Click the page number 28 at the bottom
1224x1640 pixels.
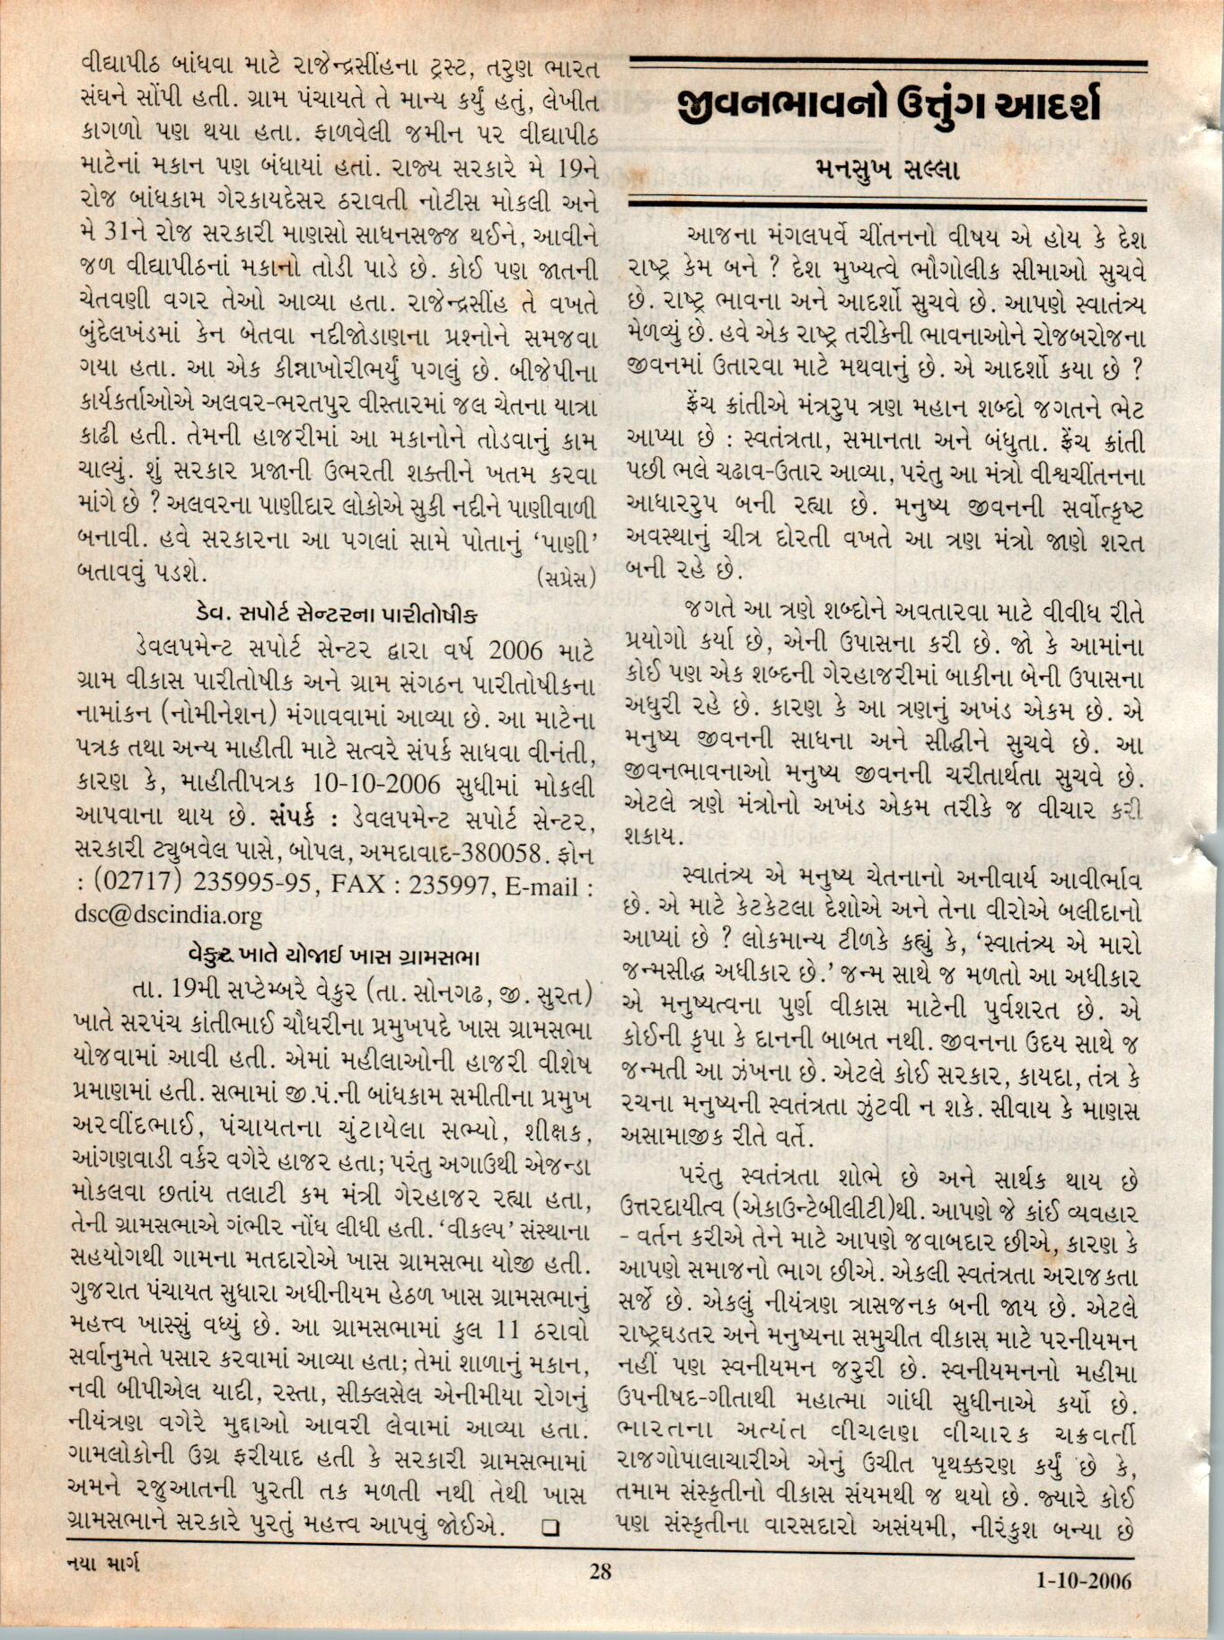(600, 1572)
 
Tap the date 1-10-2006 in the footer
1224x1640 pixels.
(1083, 1580)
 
